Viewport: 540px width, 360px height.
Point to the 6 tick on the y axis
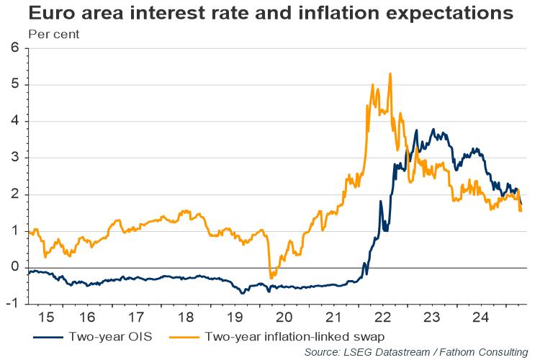pos(14,48)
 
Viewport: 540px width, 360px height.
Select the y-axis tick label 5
pos(14,85)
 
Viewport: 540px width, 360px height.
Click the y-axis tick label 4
pos(14,122)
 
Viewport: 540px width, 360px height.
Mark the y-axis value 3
pos(14,158)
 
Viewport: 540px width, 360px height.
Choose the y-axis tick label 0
pos(14,267)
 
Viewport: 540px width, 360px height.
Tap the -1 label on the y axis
pos(12,304)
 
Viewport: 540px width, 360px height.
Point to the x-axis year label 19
pos(234,318)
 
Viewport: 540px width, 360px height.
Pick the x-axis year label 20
pos(284,318)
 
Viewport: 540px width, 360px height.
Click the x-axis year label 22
pos(383,318)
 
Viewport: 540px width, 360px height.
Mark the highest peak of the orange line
pos(390,73)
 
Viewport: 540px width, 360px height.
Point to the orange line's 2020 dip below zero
pos(271,277)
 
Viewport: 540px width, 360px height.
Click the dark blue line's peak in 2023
pos(433,130)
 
